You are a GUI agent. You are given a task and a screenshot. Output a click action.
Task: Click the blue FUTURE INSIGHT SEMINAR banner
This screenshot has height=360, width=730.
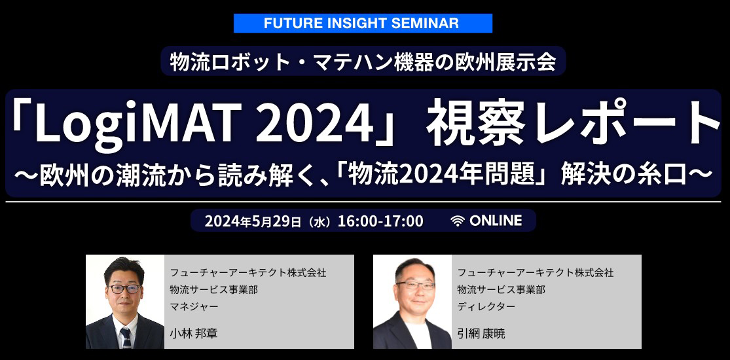pos(363,24)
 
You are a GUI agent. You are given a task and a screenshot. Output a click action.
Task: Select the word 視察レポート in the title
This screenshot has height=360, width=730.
pos(574,121)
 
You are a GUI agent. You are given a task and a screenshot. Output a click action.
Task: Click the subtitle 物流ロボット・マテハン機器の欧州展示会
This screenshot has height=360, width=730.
pos(363,62)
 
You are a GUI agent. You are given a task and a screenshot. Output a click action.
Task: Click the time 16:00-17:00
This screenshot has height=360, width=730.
pos(380,221)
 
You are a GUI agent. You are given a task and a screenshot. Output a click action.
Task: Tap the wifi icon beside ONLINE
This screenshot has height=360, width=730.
pos(458,221)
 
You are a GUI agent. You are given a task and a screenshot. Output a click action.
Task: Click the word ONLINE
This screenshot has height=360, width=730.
pos(496,221)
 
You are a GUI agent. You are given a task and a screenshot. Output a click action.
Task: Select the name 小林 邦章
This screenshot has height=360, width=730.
pos(194,333)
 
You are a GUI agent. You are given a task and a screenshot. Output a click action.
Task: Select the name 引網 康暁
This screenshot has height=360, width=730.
pos(481,333)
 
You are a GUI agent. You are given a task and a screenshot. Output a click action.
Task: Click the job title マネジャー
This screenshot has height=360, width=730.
pos(194,306)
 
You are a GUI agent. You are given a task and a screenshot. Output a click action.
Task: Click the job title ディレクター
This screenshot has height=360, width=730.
pos(486,306)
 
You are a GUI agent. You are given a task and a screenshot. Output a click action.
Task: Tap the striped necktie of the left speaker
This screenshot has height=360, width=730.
pos(126,338)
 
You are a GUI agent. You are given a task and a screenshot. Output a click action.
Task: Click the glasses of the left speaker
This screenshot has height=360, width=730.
pos(124,289)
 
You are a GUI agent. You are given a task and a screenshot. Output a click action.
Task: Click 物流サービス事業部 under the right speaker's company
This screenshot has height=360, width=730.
pos(501,290)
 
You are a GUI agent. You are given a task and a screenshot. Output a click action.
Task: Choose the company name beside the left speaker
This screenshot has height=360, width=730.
pos(248,273)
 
